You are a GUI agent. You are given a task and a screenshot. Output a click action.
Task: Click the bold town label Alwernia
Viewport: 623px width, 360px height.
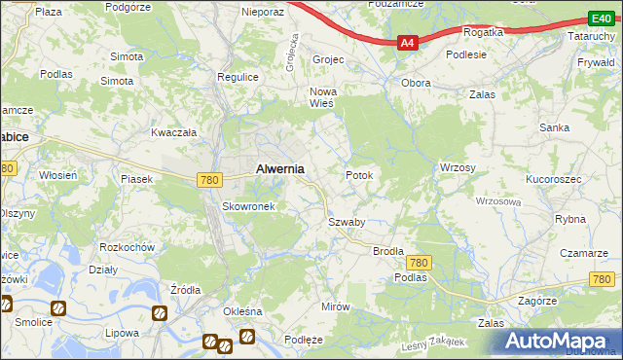point(279,168)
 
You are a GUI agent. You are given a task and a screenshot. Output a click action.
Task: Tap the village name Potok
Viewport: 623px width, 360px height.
point(359,175)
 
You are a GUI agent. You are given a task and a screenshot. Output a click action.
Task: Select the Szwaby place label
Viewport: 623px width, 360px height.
point(346,222)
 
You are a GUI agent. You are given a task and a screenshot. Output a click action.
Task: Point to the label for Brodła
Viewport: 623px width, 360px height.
point(388,250)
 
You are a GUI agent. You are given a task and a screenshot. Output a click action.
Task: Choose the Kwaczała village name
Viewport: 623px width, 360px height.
point(174,132)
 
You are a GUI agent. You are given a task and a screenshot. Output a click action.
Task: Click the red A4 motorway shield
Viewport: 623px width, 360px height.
point(408,43)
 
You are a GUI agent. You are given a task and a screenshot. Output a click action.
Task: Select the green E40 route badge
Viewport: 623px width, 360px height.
point(601,18)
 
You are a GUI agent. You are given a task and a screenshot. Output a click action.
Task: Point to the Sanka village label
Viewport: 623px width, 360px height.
point(555,127)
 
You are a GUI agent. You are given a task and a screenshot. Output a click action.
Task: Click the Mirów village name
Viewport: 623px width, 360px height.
point(335,306)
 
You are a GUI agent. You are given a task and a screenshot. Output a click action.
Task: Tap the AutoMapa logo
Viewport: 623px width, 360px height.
point(559,341)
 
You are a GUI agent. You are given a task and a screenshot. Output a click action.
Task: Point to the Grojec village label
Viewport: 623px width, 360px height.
point(329,59)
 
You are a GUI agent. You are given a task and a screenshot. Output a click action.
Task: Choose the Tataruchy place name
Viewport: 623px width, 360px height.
point(592,35)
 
